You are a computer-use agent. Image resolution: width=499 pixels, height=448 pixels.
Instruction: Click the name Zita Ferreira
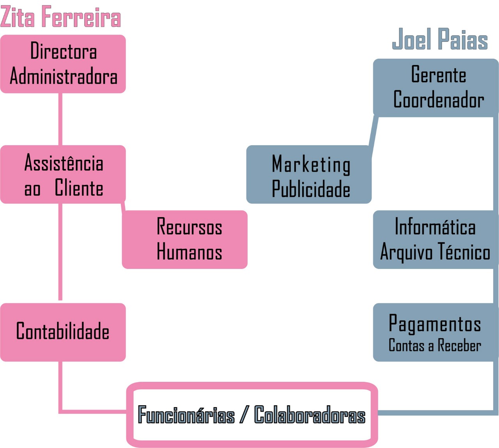click(x=60, y=17)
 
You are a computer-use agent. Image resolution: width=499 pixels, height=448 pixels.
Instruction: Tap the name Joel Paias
click(x=440, y=39)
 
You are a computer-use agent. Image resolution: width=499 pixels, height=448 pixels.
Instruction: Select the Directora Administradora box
click(x=63, y=64)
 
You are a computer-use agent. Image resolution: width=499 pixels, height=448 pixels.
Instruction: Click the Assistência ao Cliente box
click(x=63, y=174)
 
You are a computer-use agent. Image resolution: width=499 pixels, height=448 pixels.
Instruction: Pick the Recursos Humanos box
click(x=185, y=239)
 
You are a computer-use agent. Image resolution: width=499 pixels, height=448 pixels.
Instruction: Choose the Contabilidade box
click(x=63, y=332)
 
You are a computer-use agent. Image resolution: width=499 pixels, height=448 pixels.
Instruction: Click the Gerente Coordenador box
click(x=436, y=88)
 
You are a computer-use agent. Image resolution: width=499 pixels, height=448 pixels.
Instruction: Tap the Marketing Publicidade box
click(x=309, y=174)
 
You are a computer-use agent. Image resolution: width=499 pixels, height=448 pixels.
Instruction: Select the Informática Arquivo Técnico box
click(x=435, y=239)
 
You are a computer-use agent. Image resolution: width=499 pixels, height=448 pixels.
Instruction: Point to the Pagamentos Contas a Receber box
click(x=435, y=332)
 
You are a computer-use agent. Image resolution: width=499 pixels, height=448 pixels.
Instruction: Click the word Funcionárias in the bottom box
click(x=186, y=415)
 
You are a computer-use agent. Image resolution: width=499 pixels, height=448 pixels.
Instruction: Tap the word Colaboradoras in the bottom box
click(x=310, y=415)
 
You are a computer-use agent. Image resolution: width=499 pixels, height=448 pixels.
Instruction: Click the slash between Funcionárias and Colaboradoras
click(x=244, y=415)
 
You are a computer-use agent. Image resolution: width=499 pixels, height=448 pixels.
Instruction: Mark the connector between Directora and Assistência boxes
click(x=60, y=119)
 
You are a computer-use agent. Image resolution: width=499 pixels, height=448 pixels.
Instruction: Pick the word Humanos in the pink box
click(x=189, y=252)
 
